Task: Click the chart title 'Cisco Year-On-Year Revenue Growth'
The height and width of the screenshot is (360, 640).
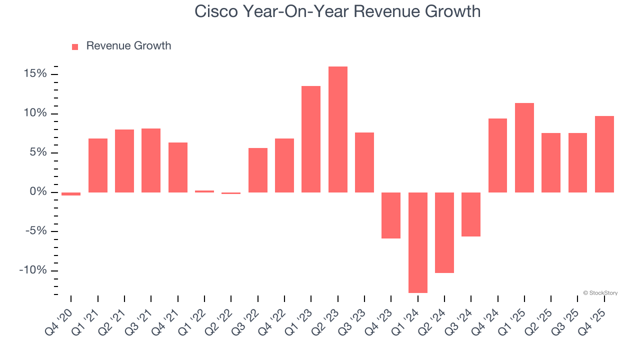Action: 337,11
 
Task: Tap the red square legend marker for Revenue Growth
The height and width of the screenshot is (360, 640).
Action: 75,46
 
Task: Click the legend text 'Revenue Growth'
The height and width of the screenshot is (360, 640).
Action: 128,46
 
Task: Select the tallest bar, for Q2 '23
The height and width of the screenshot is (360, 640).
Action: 338,129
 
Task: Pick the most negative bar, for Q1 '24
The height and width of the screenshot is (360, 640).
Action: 418,242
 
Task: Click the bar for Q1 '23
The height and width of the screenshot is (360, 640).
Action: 311,139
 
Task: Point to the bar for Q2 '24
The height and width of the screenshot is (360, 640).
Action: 444,232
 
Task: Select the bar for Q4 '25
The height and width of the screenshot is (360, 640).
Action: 604,154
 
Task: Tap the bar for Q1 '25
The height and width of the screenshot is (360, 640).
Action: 524,147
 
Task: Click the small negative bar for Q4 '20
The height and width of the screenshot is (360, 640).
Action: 71,194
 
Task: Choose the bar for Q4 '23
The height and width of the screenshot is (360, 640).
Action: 391,215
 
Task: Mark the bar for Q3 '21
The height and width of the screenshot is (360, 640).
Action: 151,160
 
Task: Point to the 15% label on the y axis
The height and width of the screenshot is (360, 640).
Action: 35,74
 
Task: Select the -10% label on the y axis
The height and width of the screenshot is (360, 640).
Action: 33,271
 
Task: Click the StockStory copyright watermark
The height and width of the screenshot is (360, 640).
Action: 600,293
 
